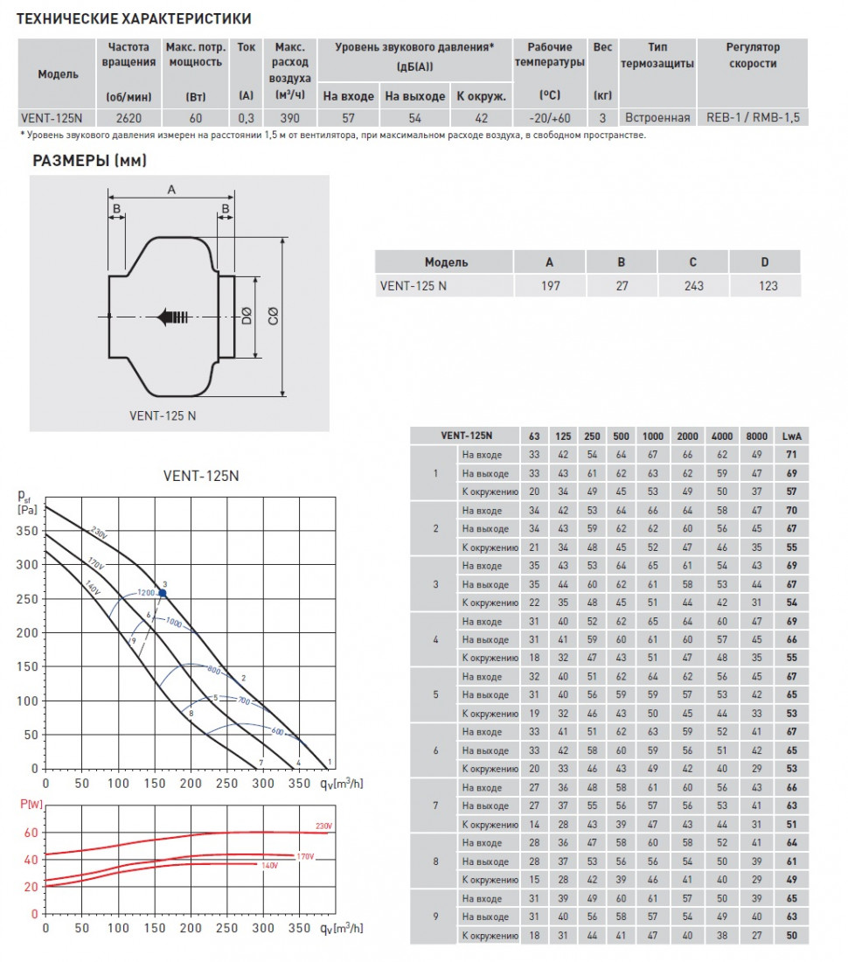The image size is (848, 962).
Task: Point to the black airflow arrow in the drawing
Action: click(x=173, y=317)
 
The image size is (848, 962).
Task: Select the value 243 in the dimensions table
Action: click(x=692, y=285)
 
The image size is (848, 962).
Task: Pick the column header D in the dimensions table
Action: click(x=764, y=262)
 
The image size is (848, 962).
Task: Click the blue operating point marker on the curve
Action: click(x=163, y=593)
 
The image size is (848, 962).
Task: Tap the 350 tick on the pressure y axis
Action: click(x=29, y=531)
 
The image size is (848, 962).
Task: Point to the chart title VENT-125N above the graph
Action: click(x=200, y=477)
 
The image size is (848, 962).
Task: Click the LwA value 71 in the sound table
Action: click(x=791, y=455)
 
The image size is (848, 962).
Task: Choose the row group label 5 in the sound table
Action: click(x=435, y=694)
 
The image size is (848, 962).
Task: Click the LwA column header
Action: click(x=791, y=436)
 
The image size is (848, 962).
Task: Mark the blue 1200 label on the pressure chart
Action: click(x=145, y=592)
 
